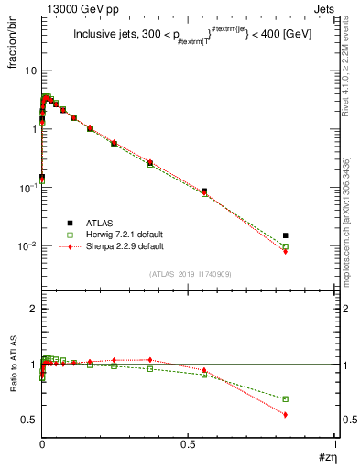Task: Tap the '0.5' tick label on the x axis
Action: (x=188, y=444)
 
